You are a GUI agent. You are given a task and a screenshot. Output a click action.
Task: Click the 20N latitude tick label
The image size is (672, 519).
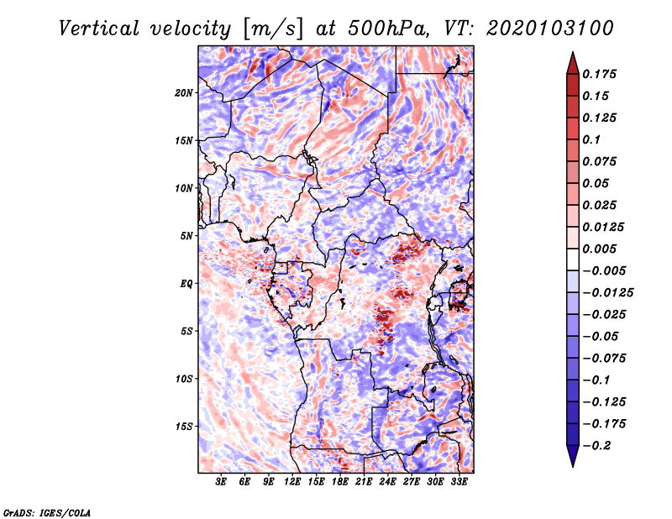(184, 92)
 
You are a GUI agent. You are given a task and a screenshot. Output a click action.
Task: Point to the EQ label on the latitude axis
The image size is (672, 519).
(186, 284)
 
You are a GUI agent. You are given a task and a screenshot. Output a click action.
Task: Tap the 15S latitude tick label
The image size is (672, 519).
(184, 427)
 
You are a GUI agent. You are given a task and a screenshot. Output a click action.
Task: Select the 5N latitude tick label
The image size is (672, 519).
(186, 236)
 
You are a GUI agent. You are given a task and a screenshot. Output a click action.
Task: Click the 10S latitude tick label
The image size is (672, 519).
(184, 379)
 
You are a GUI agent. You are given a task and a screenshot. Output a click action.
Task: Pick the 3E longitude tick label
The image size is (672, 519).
(222, 482)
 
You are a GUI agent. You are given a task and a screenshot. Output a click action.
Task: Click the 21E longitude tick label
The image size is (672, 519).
(364, 482)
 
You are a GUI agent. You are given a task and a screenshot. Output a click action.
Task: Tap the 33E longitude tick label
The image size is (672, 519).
(459, 482)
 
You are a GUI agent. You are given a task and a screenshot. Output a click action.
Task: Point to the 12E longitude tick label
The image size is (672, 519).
(292, 482)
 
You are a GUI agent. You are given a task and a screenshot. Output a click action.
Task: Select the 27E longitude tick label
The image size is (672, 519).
(412, 482)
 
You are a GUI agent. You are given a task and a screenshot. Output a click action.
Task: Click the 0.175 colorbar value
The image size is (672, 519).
(601, 74)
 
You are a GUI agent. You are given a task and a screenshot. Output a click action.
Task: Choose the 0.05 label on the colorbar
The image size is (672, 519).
(596, 183)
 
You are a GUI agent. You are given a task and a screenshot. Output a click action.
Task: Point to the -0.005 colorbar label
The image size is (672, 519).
(603, 271)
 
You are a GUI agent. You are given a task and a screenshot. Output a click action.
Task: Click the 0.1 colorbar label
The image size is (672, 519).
(593, 139)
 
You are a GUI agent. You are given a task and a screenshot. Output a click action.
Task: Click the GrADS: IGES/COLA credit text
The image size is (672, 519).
(47, 511)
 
